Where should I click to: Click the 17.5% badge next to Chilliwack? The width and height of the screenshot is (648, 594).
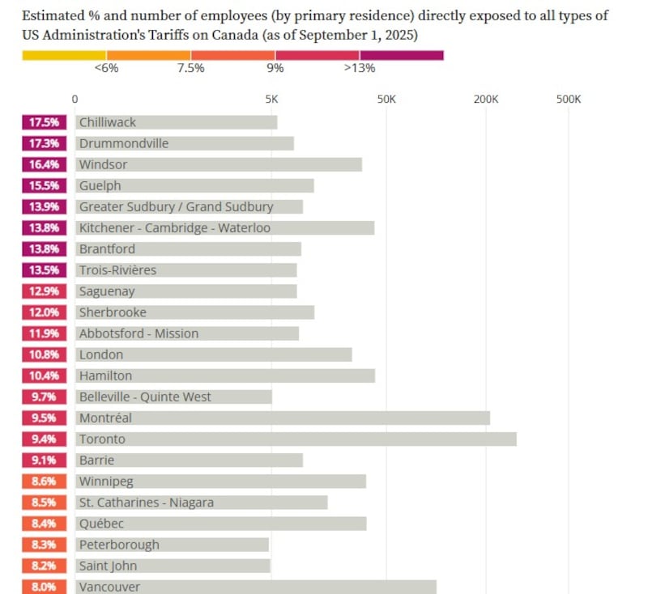point(45,122)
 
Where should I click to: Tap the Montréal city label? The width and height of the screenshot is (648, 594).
point(105,418)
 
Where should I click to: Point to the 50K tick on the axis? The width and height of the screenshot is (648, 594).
point(386,100)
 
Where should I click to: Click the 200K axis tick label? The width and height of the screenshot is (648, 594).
point(486,100)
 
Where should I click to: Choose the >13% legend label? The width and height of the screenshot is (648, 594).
point(359,68)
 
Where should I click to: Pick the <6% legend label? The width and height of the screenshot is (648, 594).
point(106,68)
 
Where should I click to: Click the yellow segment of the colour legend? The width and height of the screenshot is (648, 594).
point(64,55)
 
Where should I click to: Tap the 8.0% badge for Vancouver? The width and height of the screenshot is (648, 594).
point(45,587)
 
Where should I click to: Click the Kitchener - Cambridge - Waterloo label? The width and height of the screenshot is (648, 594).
point(175,228)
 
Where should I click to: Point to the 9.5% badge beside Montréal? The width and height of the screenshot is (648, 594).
point(45,418)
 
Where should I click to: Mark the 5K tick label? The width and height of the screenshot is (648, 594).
point(271,100)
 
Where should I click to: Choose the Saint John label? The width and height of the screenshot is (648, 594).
point(108,566)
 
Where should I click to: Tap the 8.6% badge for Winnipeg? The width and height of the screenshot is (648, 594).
point(45,482)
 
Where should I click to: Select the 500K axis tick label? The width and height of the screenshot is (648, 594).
point(569,100)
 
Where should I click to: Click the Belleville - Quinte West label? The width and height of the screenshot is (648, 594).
point(145,397)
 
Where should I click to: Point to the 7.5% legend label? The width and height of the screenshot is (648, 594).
point(190,68)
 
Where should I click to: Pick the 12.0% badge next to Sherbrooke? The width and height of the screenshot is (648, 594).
point(45,312)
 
